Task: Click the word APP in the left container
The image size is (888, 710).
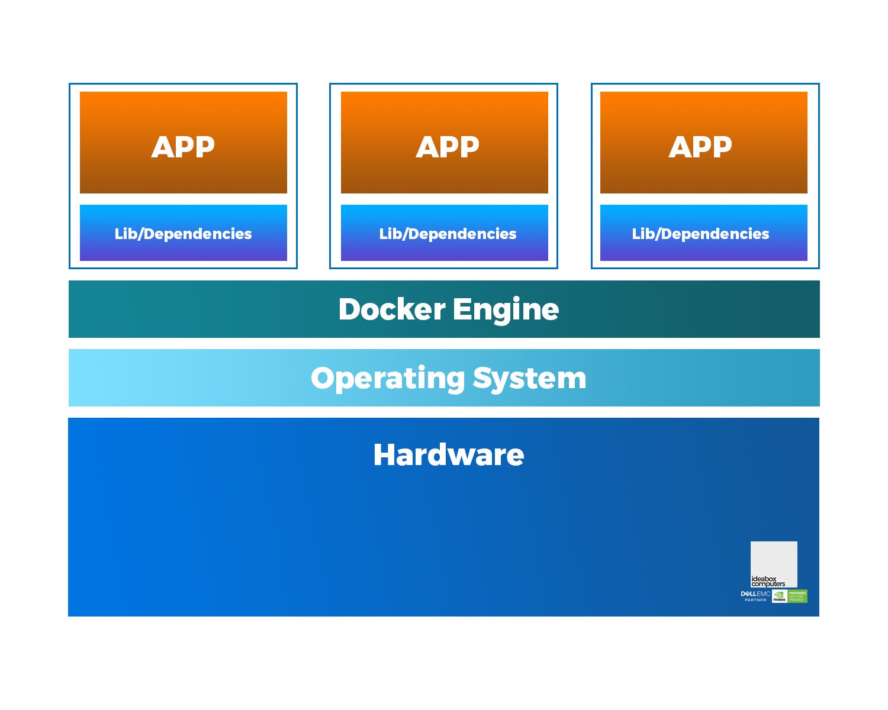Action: [x=183, y=147]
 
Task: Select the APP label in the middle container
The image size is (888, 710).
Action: [x=448, y=147]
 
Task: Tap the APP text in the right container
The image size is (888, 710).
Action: [x=700, y=147]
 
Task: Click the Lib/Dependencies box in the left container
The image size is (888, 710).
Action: [x=183, y=234]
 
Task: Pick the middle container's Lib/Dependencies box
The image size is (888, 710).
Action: [x=445, y=234]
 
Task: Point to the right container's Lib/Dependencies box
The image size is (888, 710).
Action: [x=703, y=234]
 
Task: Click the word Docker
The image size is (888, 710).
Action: [x=391, y=309]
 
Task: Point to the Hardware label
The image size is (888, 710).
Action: [x=448, y=455]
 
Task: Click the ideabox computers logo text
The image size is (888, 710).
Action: [x=768, y=581]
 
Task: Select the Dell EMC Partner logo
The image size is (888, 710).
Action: [x=755, y=596]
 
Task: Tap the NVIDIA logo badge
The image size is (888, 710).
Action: [x=779, y=596]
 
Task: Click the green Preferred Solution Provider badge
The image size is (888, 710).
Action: [x=797, y=596]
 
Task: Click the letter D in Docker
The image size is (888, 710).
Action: [x=350, y=309]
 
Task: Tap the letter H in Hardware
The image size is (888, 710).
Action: [x=385, y=455]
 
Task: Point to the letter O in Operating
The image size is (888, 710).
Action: [x=323, y=378]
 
